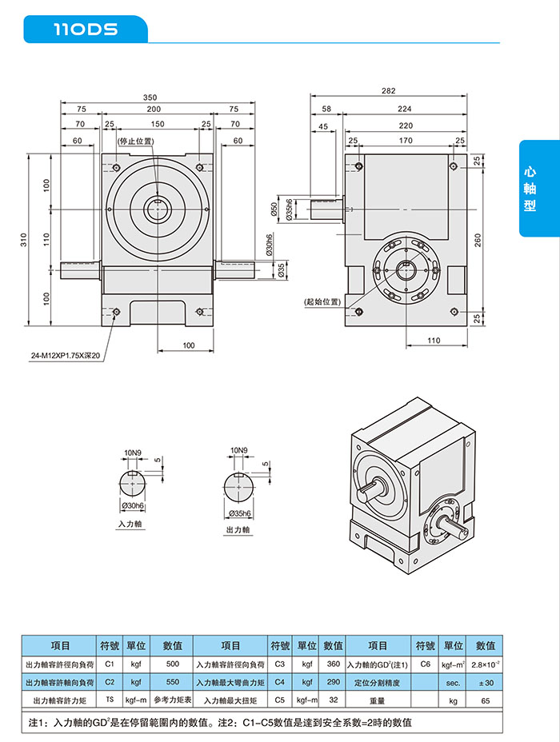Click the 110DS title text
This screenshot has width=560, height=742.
[x=86, y=30]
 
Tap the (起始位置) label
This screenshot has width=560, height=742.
[x=322, y=301]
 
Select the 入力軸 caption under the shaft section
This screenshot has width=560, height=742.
[x=130, y=524]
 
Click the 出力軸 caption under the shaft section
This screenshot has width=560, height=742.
[x=238, y=529]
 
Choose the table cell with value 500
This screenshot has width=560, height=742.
[x=173, y=664]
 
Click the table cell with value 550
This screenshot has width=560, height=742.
[x=173, y=683]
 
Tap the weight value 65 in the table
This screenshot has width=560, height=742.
[x=486, y=700]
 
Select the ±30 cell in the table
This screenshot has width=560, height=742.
[x=486, y=683]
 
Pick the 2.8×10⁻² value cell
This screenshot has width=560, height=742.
[x=486, y=664]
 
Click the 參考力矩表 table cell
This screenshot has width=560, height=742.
[x=173, y=700]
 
